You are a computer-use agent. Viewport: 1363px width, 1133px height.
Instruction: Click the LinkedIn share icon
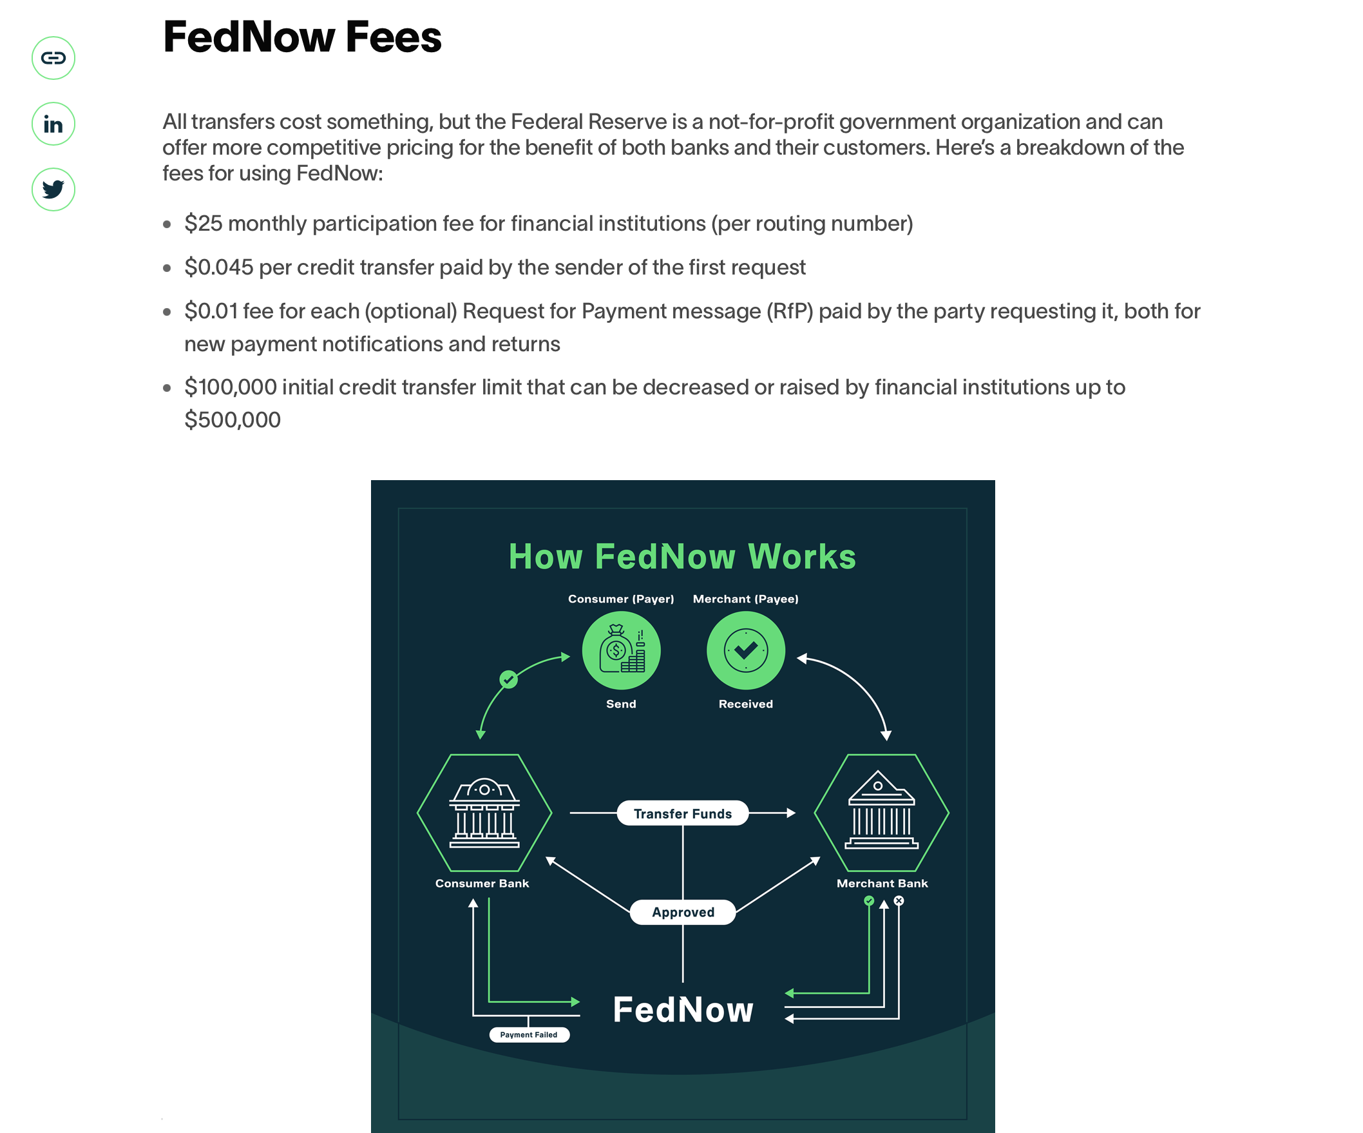53,124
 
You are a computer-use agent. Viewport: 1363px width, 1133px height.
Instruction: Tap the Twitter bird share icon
53,189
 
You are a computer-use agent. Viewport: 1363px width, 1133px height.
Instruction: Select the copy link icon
53,58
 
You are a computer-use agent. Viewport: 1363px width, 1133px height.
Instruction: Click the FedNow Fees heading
302,37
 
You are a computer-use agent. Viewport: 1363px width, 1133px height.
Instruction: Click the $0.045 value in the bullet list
219,267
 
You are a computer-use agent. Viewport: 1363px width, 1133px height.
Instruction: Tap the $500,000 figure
233,420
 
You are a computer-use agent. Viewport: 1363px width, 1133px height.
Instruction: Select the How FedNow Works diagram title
682,556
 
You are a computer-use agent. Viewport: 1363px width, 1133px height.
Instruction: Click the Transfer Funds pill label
682,813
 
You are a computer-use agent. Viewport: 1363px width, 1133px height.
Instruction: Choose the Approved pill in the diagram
683,912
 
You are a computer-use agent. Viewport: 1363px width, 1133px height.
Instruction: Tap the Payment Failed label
529,1035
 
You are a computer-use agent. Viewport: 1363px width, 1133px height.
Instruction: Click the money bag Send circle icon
621,650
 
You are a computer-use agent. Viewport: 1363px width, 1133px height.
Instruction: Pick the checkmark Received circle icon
746,650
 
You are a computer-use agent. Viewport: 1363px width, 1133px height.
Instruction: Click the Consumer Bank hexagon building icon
484,812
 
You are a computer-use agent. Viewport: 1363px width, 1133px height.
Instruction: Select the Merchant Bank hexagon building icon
881,812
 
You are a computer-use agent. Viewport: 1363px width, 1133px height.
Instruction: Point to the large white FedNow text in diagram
683,1010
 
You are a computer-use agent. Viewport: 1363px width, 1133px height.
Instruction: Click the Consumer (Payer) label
621,599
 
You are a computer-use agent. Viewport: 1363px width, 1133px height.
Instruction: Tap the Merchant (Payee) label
746,599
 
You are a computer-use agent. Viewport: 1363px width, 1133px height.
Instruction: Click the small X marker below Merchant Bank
899,900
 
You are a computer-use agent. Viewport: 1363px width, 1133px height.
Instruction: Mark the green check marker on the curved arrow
509,679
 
